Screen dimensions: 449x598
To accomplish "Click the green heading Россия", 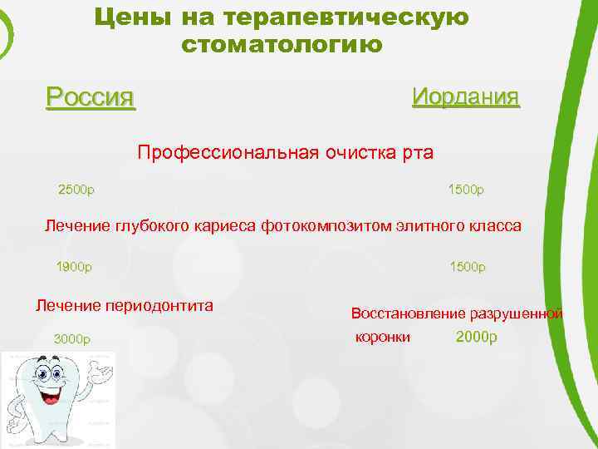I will click(90, 97).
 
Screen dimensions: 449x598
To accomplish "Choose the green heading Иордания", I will click(465, 96).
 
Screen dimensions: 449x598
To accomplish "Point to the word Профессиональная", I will click(218, 153).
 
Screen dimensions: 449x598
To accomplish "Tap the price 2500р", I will click(76, 189).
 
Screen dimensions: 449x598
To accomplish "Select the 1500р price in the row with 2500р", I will click(466, 189).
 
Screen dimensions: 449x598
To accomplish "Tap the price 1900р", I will click(74, 267).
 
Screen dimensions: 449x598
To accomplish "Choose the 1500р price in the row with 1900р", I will click(467, 267).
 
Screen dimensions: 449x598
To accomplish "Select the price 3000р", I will click(71, 338).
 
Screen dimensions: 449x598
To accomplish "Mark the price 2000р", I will click(476, 338).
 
